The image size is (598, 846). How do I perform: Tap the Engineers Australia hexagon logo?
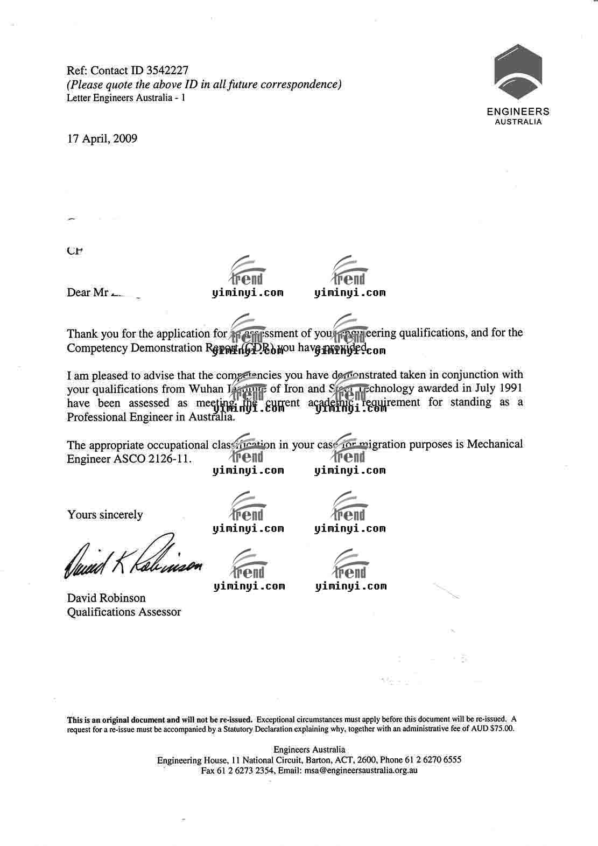pyautogui.click(x=518, y=72)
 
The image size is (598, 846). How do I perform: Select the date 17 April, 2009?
pyautogui.click(x=102, y=139)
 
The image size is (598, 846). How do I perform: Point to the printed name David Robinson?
pyautogui.click(x=106, y=598)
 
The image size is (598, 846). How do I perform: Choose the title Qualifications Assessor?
pyautogui.click(x=124, y=612)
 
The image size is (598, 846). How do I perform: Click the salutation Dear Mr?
pyautogui.click(x=87, y=292)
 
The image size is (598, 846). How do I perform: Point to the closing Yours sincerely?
pyautogui.click(x=105, y=514)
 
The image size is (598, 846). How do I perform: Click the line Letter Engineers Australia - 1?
pyautogui.click(x=126, y=98)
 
